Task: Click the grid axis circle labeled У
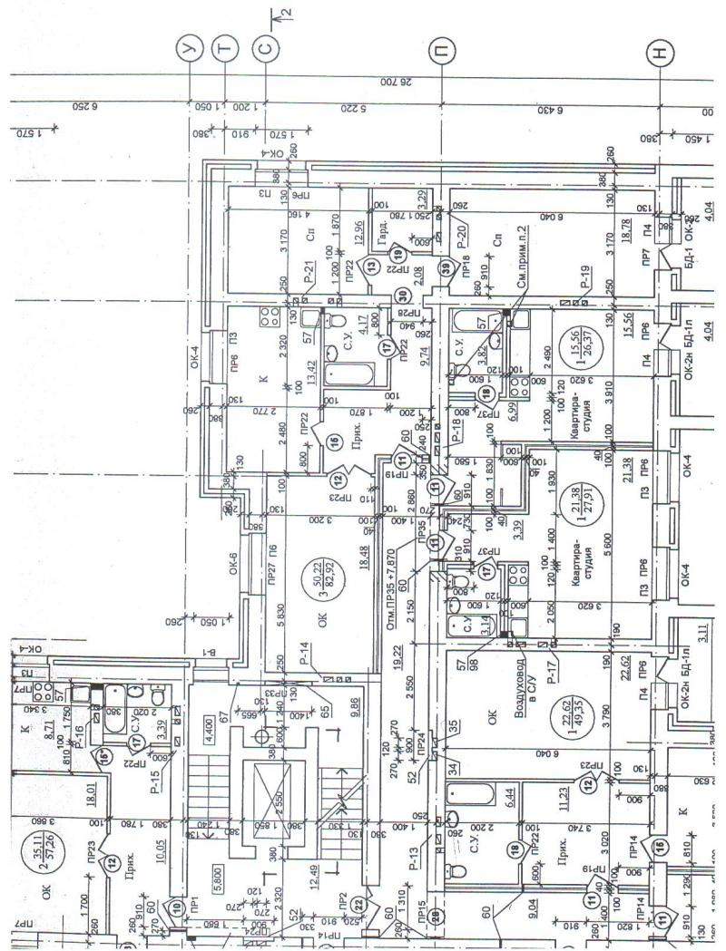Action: [189, 52]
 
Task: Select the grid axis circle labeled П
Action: [442, 52]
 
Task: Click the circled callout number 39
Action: [445, 267]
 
